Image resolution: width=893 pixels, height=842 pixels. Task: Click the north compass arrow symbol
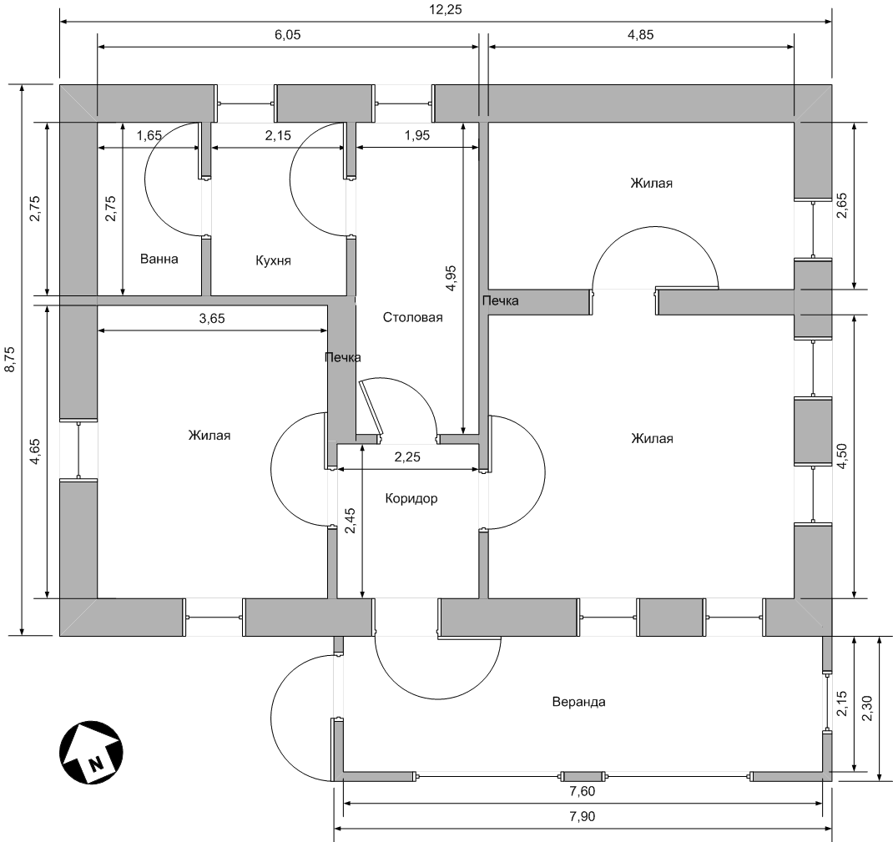coord(91,752)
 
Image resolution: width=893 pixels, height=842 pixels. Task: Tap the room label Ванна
coord(159,259)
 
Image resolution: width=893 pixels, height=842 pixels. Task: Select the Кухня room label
coord(274,260)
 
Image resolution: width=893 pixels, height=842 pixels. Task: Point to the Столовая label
coord(412,318)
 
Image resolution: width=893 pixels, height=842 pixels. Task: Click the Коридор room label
coord(411,499)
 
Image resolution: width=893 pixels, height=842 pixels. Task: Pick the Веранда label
coord(578,702)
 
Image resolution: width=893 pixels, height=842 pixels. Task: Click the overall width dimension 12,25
coord(446,10)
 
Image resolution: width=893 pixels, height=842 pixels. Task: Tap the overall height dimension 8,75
coord(10,360)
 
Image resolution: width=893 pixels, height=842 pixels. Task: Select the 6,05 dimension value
coord(288,35)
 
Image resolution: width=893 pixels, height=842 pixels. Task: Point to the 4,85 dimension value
coord(641,35)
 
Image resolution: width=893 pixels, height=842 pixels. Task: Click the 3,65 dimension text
coord(212,319)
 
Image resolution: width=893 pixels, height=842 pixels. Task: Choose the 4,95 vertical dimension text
coord(451,279)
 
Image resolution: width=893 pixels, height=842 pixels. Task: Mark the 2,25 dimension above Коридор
coord(408,457)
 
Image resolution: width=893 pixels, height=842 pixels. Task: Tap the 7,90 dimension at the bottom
coord(582,817)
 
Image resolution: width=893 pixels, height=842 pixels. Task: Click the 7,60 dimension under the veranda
coord(582,792)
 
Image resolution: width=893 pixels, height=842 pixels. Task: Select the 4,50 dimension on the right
coord(842,456)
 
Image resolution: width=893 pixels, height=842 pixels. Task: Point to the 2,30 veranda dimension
coord(867,708)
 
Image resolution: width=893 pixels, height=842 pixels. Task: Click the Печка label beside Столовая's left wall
coord(343,357)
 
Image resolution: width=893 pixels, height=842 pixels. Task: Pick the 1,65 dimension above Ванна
coord(149,135)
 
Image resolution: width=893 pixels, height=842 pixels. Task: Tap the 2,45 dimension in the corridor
coord(351,521)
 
